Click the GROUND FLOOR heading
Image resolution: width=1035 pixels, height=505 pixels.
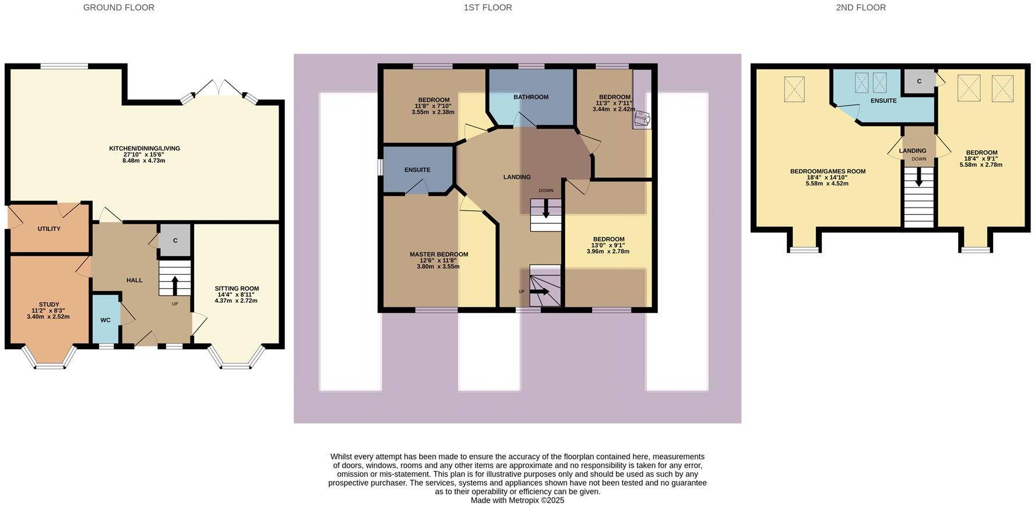pyautogui.click(x=118, y=8)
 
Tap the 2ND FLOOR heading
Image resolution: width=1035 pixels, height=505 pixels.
pyautogui.click(x=860, y=8)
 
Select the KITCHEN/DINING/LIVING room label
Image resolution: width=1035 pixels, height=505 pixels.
pyautogui.click(x=145, y=148)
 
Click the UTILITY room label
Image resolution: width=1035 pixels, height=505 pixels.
pyautogui.click(x=49, y=229)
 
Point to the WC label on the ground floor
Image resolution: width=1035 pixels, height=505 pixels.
pyautogui.click(x=105, y=320)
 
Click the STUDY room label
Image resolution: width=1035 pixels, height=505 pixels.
pyautogui.click(x=49, y=304)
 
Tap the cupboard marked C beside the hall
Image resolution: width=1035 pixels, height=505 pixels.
pyautogui.click(x=175, y=240)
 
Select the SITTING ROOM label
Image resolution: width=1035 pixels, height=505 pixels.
pyautogui.click(x=237, y=289)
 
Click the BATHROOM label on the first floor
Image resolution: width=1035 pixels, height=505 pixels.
pyautogui.click(x=530, y=97)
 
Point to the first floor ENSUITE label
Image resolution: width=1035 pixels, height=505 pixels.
pyautogui.click(x=417, y=170)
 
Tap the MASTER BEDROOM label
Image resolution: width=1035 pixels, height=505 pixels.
pyautogui.click(x=438, y=254)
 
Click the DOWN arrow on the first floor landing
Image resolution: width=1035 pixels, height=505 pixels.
pyautogui.click(x=546, y=208)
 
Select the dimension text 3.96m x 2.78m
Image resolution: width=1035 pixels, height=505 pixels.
pyautogui.click(x=608, y=251)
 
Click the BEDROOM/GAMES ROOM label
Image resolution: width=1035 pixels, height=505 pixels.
pyautogui.click(x=827, y=171)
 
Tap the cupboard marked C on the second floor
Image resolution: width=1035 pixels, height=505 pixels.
pyautogui.click(x=919, y=81)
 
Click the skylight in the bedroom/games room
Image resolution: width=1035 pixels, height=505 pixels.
pyautogui.click(x=794, y=89)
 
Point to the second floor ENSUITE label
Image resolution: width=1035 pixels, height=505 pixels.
pyautogui.click(x=883, y=101)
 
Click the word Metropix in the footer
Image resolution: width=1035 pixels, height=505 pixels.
pyautogui.click(x=523, y=500)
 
